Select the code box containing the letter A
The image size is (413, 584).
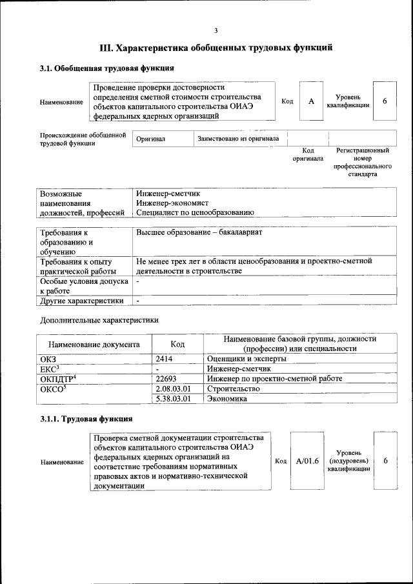coord(310,101)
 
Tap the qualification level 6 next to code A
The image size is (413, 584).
coord(385,101)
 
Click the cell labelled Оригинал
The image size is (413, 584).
coord(151,139)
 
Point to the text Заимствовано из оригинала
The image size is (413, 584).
coord(238,139)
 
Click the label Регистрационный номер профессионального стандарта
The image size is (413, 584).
coord(362,162)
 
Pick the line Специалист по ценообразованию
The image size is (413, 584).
coord(195,212)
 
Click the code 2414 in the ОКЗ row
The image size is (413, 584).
coord(165,358)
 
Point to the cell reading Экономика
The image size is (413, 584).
coord(227,399)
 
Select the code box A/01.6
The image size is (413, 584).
coord(308,461)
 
